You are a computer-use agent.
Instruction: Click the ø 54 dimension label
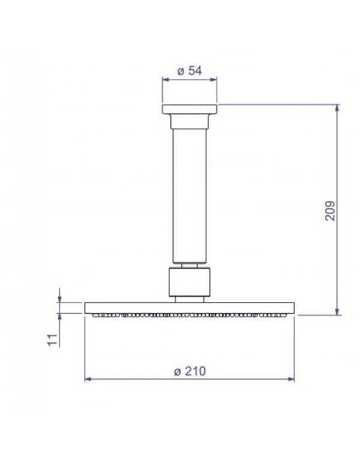[x=190, y=71]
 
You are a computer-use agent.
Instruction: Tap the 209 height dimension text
[x=330, y=211]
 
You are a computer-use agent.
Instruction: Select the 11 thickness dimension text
[x=52, y=340]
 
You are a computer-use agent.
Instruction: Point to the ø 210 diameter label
[x=190, y=371]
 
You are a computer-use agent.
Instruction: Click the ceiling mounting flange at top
[x=190, y=109]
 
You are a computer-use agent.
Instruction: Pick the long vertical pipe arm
[x=190, y=196]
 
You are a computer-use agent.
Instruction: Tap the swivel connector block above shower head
[x=190, y=282]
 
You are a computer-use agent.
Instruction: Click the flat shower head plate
[x=190, y=308]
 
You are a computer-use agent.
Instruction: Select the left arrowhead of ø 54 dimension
[x=166, y=80]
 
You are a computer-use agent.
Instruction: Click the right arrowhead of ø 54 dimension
[x=214, y=80]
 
